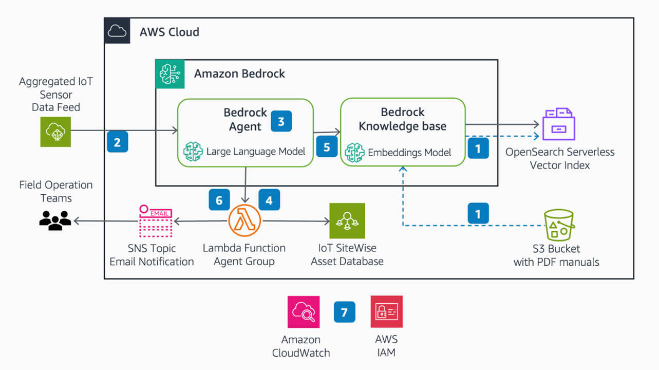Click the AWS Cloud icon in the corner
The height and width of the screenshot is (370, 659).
(x=117, y=31)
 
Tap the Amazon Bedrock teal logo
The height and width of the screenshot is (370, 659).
(x=170, y=74)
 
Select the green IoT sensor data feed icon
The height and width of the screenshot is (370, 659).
(x=56, y=132)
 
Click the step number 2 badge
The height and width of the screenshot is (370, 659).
(x=118, y=142)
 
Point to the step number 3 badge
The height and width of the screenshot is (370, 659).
(x=281, y=121)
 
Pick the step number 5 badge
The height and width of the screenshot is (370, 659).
(x=327, y=147)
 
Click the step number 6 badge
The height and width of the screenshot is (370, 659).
(x=219, y=200)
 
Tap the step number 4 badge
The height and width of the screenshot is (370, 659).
(x=269, y=200)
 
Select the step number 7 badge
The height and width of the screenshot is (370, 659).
(x=344, y=312)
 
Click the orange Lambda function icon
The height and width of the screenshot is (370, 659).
(x=244, y=221)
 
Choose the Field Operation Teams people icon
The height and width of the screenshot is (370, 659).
(x=55, y=220)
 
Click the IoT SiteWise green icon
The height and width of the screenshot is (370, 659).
(x=347, y=221)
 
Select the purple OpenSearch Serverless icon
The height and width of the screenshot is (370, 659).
(x=558, y=124)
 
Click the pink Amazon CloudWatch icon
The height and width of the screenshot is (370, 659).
(x=304, y=312)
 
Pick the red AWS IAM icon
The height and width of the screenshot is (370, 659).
(x=386, y=312)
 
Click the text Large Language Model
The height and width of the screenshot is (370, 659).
(x=256, y=152)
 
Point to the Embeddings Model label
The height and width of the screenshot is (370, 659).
(x=409, y=152)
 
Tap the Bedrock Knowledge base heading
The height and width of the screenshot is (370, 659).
(x=403, y=119)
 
